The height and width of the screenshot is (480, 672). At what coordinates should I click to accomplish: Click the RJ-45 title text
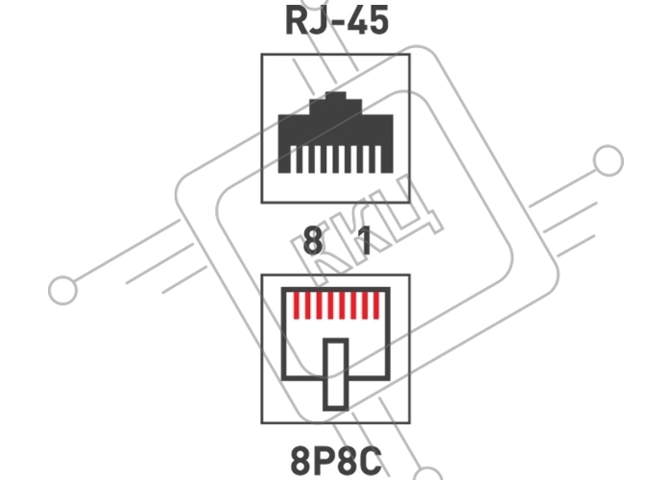[x=337, y=21]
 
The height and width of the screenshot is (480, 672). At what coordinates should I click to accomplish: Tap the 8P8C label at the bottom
[x=336, y=461]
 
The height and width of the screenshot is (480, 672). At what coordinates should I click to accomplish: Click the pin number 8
[x=313, y=241]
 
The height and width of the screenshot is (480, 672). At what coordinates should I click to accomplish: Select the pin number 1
[x=364, y=241]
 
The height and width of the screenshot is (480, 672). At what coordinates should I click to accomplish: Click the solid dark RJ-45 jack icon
[x=336, y=132]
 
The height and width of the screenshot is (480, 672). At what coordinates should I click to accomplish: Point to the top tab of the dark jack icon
[x=336, y=96]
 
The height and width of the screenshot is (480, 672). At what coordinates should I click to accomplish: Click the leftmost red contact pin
[x=296, y=305]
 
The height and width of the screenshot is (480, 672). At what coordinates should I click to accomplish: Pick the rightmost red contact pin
[x=376, y=305]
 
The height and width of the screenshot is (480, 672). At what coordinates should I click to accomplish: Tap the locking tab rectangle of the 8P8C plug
[x=336, y=374]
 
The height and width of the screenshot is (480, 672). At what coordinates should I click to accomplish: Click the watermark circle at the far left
[x=63, y=290]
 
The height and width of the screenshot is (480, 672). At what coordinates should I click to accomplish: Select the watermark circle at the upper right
[x=608, y=160]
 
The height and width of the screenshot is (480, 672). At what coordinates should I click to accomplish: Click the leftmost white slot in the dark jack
[x=293, y=159]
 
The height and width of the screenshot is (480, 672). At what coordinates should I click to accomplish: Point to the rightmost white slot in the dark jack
[x=378, y=159]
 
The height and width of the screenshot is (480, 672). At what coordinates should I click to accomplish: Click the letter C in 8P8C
[x=372, y=461]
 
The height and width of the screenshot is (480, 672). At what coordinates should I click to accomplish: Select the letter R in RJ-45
[x=296, y=21]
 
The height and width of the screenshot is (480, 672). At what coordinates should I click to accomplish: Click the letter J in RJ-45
[x=318, y=21]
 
